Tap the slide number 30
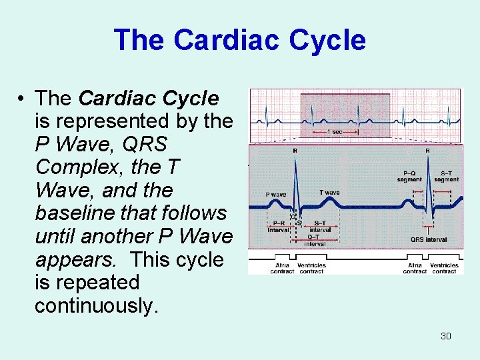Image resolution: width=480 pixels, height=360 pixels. pos(446,336)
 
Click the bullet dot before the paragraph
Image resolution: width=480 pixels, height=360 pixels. pos(22,99)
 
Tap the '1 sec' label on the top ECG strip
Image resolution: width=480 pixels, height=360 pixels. pos(336,132)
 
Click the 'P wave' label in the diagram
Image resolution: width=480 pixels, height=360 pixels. pos(276,195)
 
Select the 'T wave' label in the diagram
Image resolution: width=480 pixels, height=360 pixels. pos(329,193)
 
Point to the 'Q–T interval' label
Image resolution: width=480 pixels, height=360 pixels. pos(315,241)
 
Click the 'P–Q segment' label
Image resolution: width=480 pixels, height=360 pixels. pos(409,176)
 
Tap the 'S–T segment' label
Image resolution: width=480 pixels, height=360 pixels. pos(446,176)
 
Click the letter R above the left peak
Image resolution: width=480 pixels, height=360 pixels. pos(295,151)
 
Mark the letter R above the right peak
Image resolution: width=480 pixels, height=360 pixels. pos(427,151)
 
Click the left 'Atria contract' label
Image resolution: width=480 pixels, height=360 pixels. pos(282,268)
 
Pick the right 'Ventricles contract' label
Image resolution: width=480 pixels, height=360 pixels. pos(444,268)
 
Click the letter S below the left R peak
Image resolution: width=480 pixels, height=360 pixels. pos(299,223)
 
